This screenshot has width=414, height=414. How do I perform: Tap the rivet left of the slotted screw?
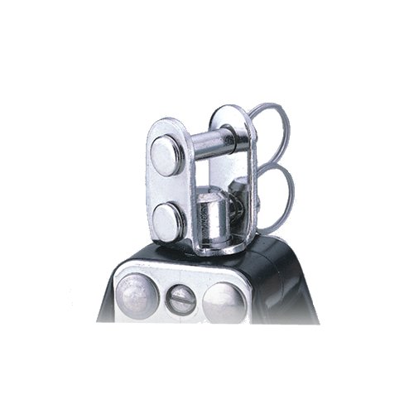137,294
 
